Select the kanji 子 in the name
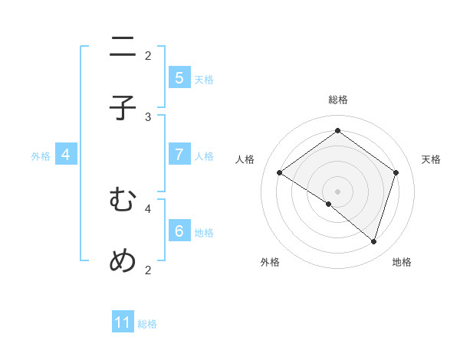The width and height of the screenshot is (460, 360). pyautogui.click(x=123, y=108)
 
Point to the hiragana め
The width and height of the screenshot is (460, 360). pyautogui.click(x=123, y=260)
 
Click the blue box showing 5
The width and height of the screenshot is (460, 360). pyautogui.click(x=179, y=77)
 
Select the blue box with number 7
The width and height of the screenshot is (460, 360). pyautogui.click(x=179, y=154)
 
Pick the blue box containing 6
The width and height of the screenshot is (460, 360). pyautogui.click(x=179, y=230)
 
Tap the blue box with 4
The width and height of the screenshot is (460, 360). pyautogui.click(x=66, y=154)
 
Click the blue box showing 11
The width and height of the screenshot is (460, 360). pyautogui.click(x=123, y=322)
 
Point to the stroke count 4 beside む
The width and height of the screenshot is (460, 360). pyautogui.click(x=148, y=207)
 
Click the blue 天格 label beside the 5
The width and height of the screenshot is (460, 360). pyautogui.click(x=204, y=79)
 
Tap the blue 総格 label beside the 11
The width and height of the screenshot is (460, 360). pyautogui.click(x=147, y=324)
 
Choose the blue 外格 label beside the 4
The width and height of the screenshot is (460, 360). pyautogui.click(x=41, y=156)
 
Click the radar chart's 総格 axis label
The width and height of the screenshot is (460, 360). pyautogui.click(x=337, y=100)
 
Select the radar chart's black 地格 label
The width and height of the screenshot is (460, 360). pyautogui.click(x=402, y=262)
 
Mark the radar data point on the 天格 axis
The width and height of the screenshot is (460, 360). pyautogui.click(x=396, y=172)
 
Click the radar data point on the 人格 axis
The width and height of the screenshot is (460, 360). pyautogui.click(x=279, y=173)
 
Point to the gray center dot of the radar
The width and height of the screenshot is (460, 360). pyautogui.click(x=337, y=191)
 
